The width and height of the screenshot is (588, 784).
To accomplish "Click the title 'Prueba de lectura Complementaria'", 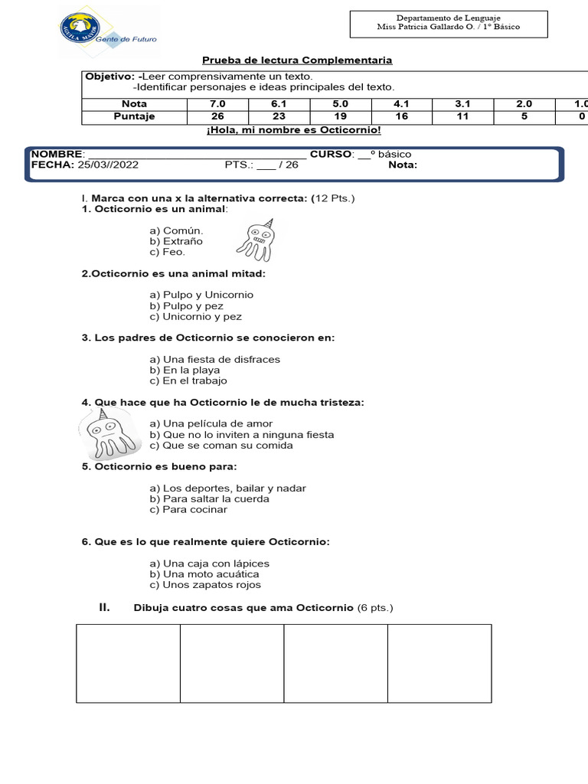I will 297,60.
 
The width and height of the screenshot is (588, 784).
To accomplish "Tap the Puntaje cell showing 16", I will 401,116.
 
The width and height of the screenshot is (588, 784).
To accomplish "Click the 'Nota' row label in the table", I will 134,103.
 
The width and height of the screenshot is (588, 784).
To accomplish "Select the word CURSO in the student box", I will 332,154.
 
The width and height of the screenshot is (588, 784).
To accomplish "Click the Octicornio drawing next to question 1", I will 255,237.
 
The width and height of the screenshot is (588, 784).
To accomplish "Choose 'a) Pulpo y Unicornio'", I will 201,295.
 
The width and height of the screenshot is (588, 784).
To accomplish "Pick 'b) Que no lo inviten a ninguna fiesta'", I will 242,434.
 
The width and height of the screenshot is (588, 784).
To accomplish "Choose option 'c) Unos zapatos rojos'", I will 205,584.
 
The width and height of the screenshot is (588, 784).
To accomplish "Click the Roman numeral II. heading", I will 105,607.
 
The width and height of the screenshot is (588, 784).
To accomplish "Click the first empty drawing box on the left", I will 128,663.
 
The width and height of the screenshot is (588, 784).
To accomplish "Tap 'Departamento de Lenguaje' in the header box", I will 448,18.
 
